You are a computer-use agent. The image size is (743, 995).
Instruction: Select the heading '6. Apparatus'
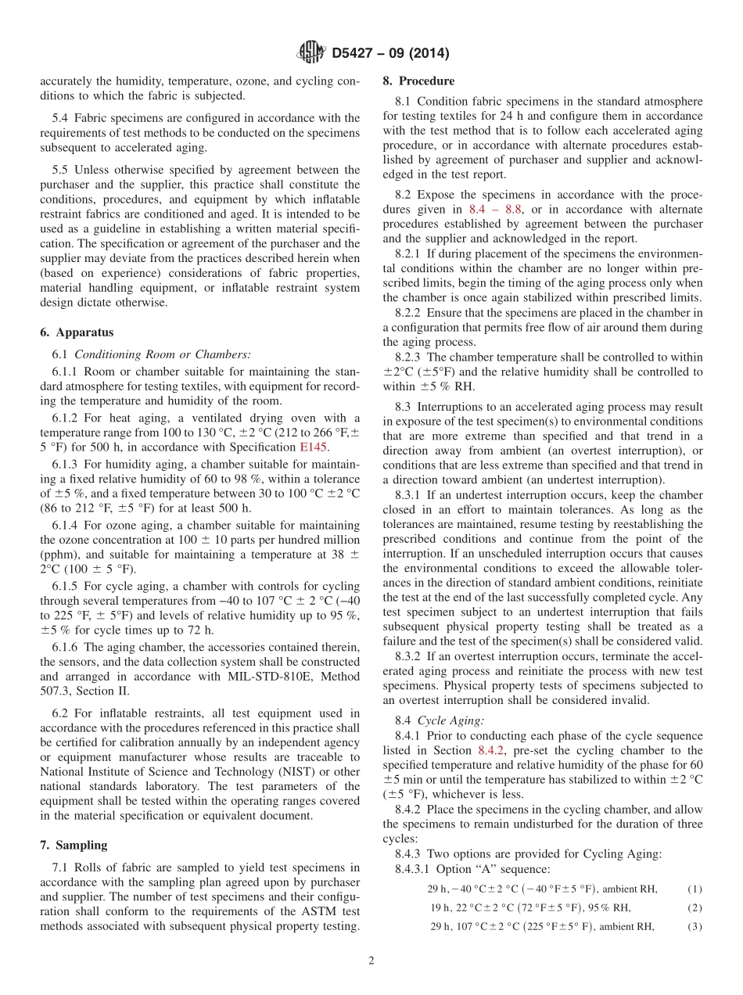point(77,332)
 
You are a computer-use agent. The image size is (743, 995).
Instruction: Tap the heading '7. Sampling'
point(74,845)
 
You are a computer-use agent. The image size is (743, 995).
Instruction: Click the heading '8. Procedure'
point(418,81)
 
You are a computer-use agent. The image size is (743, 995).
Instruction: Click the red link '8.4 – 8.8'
point(495,210)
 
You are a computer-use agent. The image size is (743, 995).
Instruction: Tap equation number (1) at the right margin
point(695,889)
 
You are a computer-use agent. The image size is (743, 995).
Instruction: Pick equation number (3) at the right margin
point(695,926)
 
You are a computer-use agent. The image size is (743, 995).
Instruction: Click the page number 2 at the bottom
point(371,961)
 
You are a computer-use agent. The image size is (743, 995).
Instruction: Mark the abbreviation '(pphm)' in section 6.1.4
point(59,554)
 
